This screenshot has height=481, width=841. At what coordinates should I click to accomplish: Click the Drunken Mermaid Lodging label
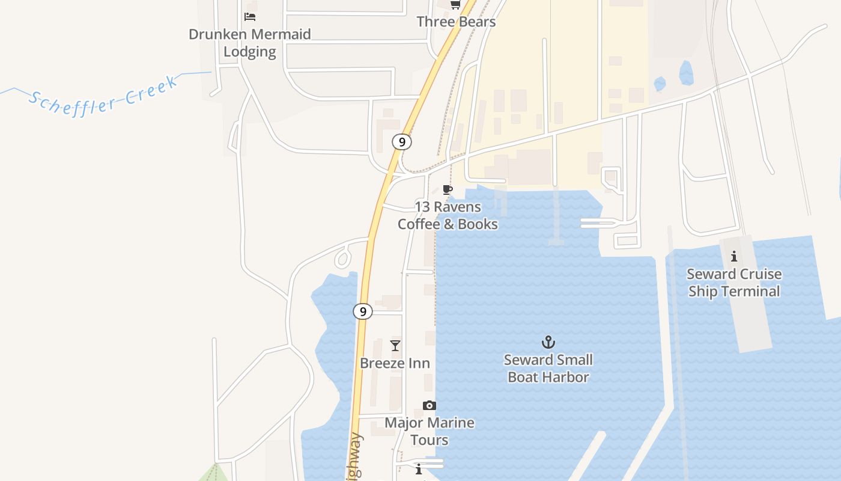pyautogui.click(x=250, y=43)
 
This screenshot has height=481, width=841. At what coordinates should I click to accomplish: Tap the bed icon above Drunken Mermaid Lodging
pyautogui.click(x=250, y=16)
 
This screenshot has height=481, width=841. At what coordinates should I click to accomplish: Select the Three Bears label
pyautogui.click(x=456, y=22)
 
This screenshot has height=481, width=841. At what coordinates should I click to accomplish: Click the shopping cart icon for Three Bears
pyautogui.click(x=455, y=5)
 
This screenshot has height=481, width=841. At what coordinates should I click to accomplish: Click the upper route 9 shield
pyautogui.click(x=402, y=142)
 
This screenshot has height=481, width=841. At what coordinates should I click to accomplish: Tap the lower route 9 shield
pyautogui.click(x=362, y=311)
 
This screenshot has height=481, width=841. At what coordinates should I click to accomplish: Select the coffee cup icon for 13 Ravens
pyautogui.click(x=447, y=190)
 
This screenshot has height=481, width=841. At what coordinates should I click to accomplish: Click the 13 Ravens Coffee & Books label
pyautogui.click(x=448, y=215)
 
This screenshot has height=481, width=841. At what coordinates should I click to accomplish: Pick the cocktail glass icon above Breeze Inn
pyautogui.click(x=395, y=346)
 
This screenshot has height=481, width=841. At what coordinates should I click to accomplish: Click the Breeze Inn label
pyautogui.click(x=395, y=363)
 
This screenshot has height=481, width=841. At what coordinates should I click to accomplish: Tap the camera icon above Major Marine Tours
pyautogui.click(x=429, y=405)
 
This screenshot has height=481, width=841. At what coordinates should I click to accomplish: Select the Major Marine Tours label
pyautogui.click(x=429, y=431)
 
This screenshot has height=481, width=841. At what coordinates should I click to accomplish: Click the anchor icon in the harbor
pyautogui.click(x=548, y=343)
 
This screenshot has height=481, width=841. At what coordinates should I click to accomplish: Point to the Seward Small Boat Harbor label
pyautogui.click(x=548, y=369)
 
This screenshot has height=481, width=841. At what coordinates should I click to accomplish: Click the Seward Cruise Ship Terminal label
pyautogui.click(x=734, y=283)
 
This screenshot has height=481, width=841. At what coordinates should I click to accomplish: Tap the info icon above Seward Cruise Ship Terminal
pyautogui.click(x=733, y=257)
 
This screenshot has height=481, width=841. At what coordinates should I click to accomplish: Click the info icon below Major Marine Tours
pyautogui.click(x=419, y=469)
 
